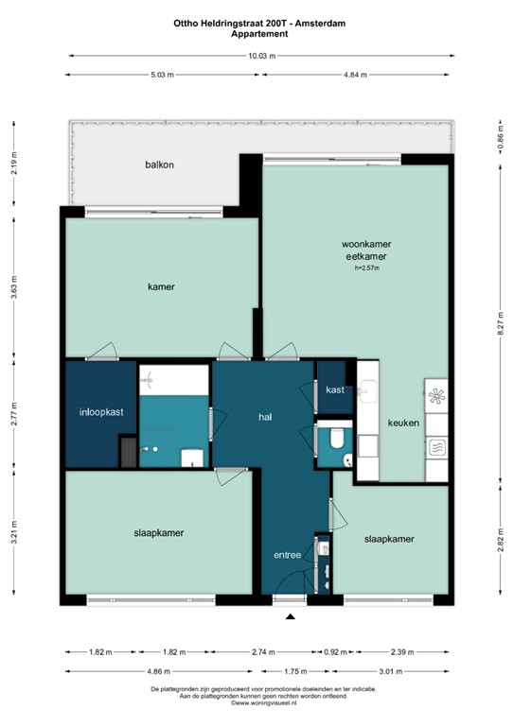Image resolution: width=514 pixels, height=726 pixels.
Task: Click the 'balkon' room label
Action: click(x=159, y=164)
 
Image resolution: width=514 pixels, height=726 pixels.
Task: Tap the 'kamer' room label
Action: click(x=161, y=286)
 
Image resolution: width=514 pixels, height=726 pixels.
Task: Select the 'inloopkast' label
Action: click(x=98, y=412)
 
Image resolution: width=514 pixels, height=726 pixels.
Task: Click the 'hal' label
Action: click(x=266, y=416)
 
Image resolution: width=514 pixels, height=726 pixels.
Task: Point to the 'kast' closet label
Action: click(x=334, y=389)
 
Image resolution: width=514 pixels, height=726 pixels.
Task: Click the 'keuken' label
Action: click(x=403, y=423)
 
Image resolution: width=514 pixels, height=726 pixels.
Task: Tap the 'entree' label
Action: click(x=287, y=555)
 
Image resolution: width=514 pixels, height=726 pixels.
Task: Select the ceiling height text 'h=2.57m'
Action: click(x=366, y=268)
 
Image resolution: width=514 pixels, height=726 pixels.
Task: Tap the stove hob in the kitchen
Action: click(x=438, y=395)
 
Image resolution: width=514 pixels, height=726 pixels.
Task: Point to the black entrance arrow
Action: click(x=291, y=617)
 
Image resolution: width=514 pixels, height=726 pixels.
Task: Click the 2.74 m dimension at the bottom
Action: click(x=261, y=652)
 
